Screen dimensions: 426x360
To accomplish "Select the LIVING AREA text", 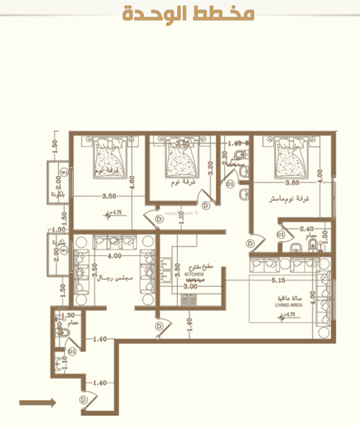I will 287,306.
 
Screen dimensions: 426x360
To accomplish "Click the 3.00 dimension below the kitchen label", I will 191,287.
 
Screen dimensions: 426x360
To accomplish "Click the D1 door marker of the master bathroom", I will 282,234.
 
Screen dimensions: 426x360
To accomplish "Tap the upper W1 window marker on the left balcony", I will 64,173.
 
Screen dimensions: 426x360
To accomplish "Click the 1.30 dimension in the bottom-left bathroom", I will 69,316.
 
